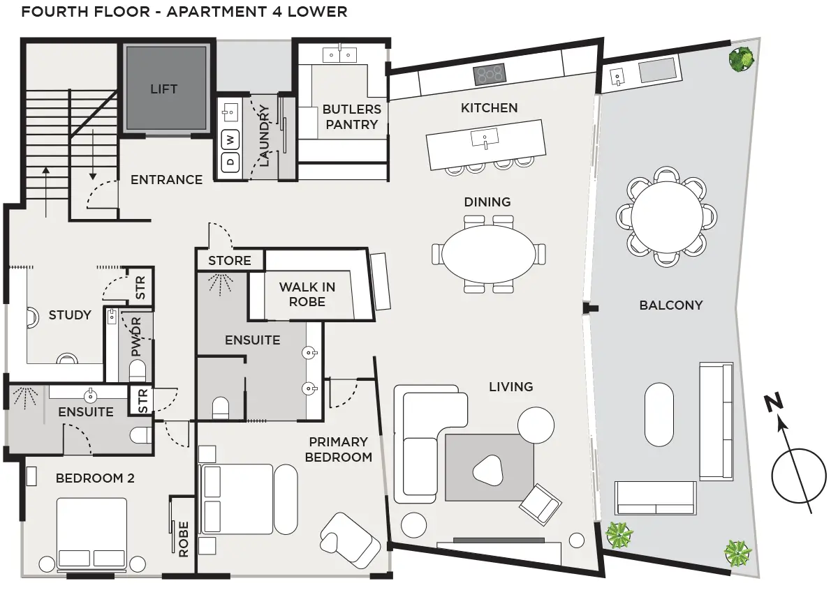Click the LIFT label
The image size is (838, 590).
(164, 89)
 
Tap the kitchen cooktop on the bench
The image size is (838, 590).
(490, 75)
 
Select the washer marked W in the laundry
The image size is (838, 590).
(230, 140)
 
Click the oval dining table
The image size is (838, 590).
(489, 254)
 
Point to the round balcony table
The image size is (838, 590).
(667, 217)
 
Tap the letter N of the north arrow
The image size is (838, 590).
(773, 402)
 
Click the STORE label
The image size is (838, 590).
(230, 260)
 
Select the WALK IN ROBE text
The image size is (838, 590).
(307, 294)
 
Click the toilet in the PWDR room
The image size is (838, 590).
(138, 370)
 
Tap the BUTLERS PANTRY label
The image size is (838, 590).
(352, 117)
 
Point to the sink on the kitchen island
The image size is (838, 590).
(485, 138)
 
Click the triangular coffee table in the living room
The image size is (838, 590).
(488, 470)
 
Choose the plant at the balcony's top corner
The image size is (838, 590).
(741, 59)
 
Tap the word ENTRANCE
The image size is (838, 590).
(166, 180)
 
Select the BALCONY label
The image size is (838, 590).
(671, 305)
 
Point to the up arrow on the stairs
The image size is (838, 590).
(46, 192)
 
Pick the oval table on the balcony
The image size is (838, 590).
(659, 414)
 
